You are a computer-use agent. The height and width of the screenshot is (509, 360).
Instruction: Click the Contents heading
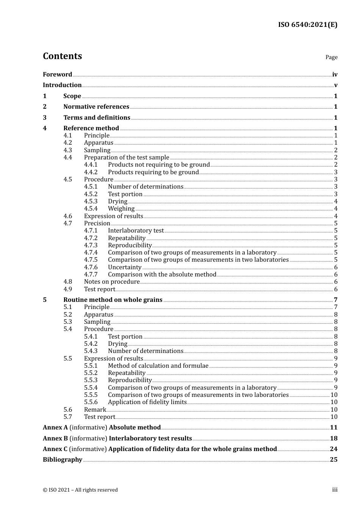(62, 56)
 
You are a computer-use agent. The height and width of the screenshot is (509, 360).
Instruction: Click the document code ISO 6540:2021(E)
(307, 25)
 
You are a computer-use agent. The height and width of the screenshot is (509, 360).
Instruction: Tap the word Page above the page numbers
(331, 57)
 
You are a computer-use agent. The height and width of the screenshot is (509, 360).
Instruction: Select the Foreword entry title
(57, 75)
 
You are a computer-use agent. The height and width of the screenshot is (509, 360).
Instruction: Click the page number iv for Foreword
(335, 75)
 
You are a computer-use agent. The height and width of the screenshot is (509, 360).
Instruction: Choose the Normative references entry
(96, 107)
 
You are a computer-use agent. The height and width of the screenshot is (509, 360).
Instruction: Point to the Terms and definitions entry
(97, 118)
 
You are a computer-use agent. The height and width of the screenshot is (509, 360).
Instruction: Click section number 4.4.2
(91, 172)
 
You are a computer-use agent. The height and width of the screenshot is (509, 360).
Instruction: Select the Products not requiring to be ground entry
(159, 165)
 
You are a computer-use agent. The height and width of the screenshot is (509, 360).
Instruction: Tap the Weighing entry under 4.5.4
(121, 209)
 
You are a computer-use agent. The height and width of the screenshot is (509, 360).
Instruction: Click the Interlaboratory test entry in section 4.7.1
(136, 231)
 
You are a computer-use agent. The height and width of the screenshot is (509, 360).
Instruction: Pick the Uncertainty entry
(125, 267)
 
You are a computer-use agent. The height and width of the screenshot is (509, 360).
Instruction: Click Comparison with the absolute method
(162, 275)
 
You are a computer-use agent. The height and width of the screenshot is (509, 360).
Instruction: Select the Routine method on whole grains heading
(113, 300)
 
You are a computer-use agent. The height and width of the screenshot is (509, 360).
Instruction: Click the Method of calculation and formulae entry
(158, 366)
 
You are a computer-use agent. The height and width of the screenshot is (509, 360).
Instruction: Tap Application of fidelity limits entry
(147, 402)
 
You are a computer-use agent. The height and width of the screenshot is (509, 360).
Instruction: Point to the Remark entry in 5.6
(95, 410)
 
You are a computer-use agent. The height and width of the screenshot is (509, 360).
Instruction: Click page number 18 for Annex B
(333, 439)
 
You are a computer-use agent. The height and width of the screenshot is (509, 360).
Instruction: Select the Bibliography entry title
(63, 460)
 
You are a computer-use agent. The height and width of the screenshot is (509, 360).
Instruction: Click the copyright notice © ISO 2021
(80, 490)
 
